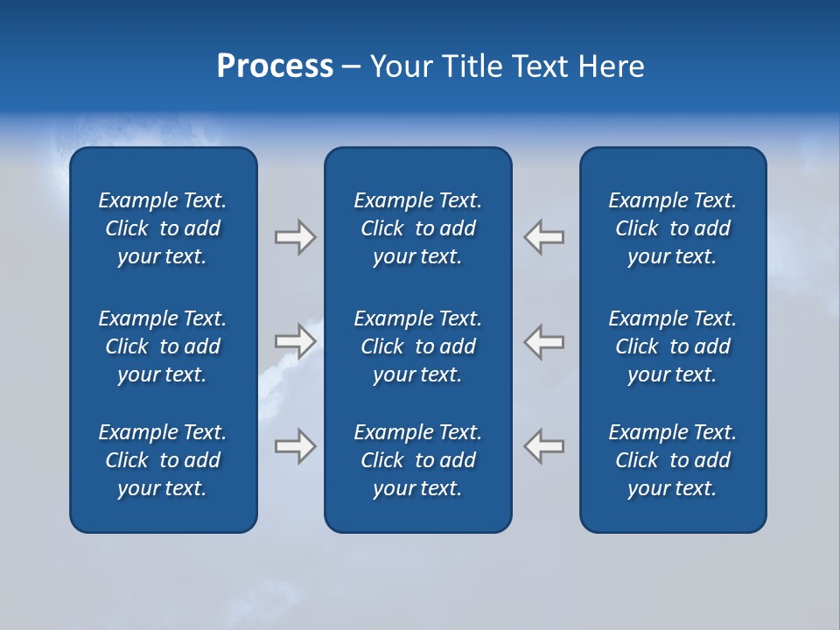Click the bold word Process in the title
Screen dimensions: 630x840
click(275, 66)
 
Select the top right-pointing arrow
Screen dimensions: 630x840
click(295, 237)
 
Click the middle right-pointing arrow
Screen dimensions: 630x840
click(295, 341)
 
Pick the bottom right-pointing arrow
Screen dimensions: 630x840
click(295, 445)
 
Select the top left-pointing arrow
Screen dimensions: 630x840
click(544, 237)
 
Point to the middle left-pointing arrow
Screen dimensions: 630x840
click(544, 341)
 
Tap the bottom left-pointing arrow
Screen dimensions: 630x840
click(544, 445)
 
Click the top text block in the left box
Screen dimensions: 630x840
click(163, 228)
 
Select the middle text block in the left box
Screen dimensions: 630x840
click(163, 346)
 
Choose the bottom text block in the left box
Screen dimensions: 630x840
click(163, 460)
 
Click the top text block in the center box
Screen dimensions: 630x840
click(417, 228)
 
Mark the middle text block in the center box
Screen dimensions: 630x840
click(417, 346)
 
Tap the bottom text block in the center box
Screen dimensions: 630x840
click(417, 460)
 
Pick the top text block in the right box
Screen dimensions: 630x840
click(672, 228)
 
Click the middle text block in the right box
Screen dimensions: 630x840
click(672, 346)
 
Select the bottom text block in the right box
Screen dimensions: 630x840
click(672, 460)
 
